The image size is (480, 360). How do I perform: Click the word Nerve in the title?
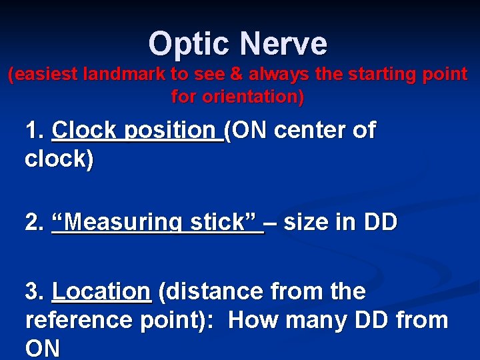click(285, 44)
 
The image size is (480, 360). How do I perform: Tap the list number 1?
click(33, 131)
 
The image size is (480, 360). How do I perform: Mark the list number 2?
click(33, 222)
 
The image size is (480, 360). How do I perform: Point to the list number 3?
click(33, 291)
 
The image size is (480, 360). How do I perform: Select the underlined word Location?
click(102, 291)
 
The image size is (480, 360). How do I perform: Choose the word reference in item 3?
click(79, 321)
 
